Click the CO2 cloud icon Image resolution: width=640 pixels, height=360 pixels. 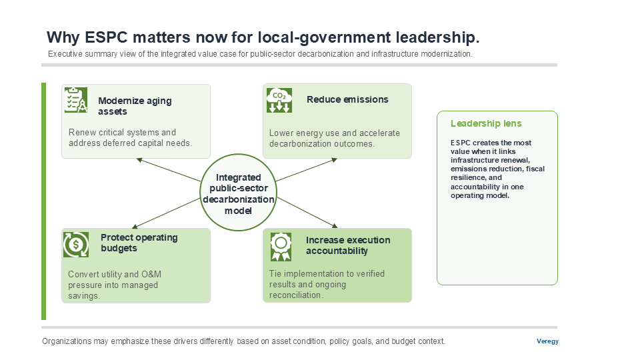pyautogui.click(x=279, y=100)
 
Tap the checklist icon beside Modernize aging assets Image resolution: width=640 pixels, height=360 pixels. pyautogui.click(x=76, y=99)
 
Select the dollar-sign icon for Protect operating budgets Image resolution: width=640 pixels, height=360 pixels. pyautogui.click(x=76, y=245)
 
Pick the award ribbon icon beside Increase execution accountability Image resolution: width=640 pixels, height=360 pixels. pyautogui.click(x=281, y=247)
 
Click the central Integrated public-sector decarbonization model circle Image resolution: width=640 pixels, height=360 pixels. pyautogui.click(x=239, y=192)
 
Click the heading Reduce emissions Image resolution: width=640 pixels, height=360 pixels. pyautogui.click(x=347, y=99)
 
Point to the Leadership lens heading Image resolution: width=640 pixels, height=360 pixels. pyautogui.click(x=486, y=123)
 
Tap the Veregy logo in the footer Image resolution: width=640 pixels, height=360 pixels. pyautogui.click(x=547, y=341)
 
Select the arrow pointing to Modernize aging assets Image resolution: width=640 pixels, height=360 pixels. pyautogui.click(x=169, y=170)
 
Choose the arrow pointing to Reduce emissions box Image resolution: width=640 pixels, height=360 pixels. pyautogui.click(x=307, y=170)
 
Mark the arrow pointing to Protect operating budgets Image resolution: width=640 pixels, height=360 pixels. pyautogui.click(x=166, y=213)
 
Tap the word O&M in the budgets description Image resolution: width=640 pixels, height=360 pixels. pyautogui.click(x=151, y=274)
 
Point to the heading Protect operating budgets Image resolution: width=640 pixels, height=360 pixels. pyautogui.click(x=139, y=243)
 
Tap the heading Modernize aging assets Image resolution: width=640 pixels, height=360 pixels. pyautogui.click(x=135, y=106)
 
